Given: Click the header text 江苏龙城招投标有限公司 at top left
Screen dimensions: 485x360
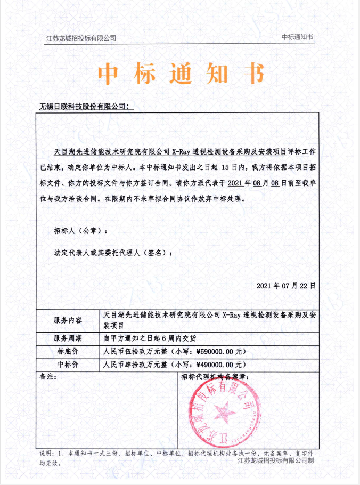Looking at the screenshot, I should [81, 38].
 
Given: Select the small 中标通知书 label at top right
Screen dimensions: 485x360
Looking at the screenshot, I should [298, 37].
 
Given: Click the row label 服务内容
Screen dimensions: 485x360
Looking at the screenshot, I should [68, 320].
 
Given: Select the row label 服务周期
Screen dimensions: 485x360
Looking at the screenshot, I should [68, 338].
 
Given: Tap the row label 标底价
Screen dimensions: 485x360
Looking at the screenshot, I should [68, 352].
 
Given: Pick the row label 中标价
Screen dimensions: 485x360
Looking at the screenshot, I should [68, 365].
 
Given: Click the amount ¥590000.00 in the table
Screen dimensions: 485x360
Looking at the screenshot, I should [212, 352].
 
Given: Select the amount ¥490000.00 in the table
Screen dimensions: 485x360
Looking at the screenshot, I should [212, 365].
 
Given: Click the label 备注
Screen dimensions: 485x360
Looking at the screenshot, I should [48, 377].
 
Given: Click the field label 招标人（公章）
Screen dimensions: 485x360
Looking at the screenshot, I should [80, 231].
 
